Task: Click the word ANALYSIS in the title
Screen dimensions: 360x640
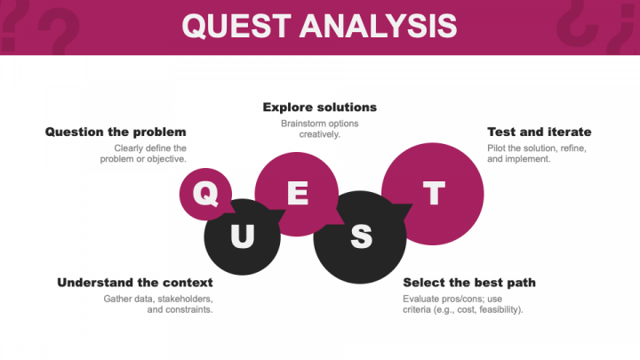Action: pos(378,26)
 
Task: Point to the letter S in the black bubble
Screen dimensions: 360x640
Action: pos(360,236)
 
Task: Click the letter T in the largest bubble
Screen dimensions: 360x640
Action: pos(433,194)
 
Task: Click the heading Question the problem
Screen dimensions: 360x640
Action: pos(116,132)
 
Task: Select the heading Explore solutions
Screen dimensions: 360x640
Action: pos(319,108)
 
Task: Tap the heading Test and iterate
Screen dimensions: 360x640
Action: pos(539,132)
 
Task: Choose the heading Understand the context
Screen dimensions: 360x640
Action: pos(135,283)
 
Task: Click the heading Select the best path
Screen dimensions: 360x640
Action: pos(469,283)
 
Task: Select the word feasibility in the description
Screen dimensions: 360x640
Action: pos(498,310)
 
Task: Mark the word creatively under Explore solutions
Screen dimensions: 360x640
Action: pos(320,134)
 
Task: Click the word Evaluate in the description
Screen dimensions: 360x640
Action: pos(420,299)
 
